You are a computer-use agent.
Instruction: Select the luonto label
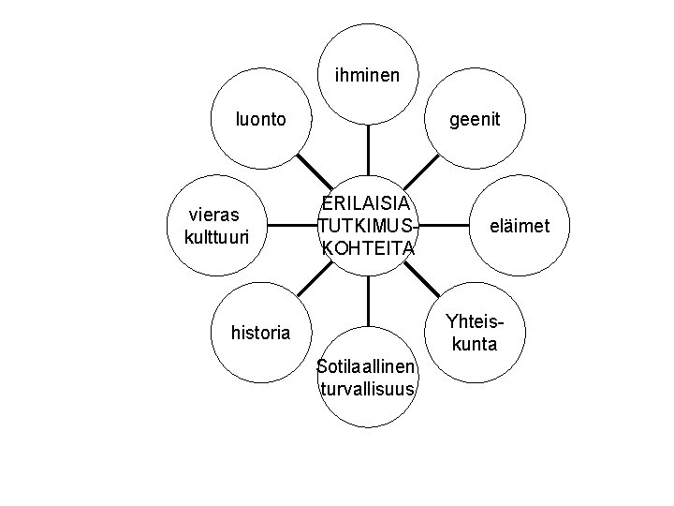coord(261,120)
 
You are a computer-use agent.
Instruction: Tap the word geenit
coord(475,120)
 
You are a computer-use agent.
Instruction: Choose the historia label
coord(260,332)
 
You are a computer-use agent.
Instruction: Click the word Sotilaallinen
coord(367,366)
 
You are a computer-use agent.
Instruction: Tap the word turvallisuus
coord(367,389)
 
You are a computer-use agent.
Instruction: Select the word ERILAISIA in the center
coord(368,204)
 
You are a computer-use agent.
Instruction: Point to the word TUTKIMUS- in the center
coord(366,226)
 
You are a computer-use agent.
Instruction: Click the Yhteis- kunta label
coord(475,332)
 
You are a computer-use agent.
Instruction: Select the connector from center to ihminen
coord(368,150)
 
